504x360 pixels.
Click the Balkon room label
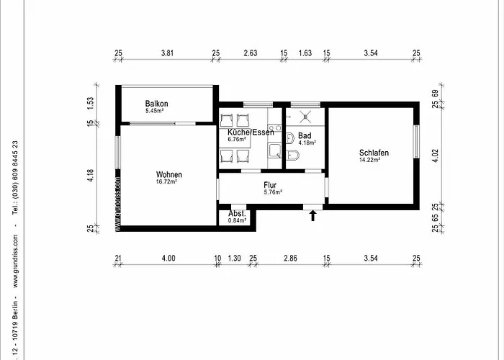(x=156, y=103)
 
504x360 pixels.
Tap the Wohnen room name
(x=168, y=174)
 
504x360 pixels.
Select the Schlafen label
(x=374, y=153)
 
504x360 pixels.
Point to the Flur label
(x=271, y=184)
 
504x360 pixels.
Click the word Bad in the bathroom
(x=304, y=135)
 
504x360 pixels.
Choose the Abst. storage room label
(x=237, y=214)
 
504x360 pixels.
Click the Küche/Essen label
(x=248, y=132)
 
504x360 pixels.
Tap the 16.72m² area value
(x=167, y=182)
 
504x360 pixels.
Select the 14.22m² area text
(x=371, y=160)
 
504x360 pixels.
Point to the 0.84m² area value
(x=237, y=220)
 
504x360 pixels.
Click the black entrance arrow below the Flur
(x=312, y=215)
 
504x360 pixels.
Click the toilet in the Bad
(x=292, y=156)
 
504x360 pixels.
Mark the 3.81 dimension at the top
(x=167, y=53)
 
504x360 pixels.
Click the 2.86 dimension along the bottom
(x=289, y=258)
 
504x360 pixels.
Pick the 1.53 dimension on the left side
(x=91, y=103)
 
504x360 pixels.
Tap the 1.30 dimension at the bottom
(x=234, y=258)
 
